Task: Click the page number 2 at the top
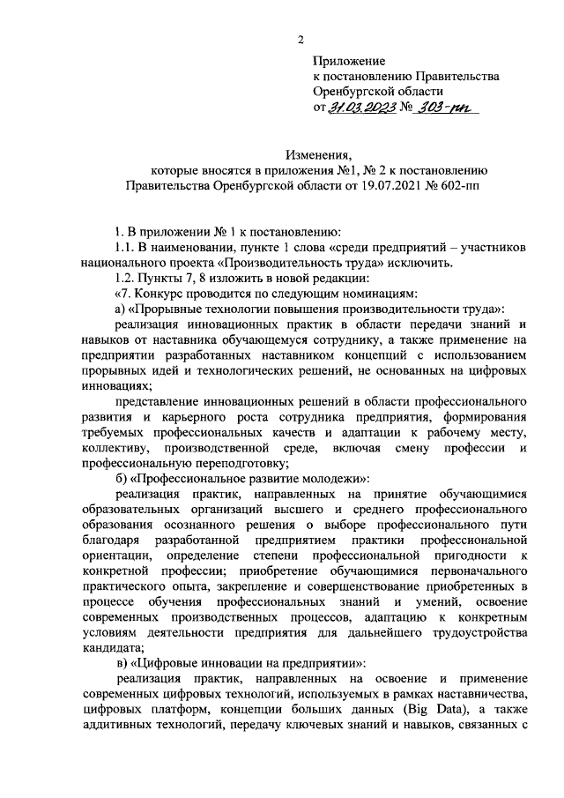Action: pyautogui.click(x=300, y=40)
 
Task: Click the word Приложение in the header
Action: pyautogui.click(x=349, y=61)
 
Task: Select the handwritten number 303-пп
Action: pyautogui.click(x=446, y=108)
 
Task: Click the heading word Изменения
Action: pyautogui.click(x=318, y=154)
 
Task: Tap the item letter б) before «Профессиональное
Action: pyautogui.click(x=122, y=478)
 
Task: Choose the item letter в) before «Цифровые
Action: pyautogui.click(x=122, y=662)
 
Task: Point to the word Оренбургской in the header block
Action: pyautogui.click(x=352, y=92)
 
